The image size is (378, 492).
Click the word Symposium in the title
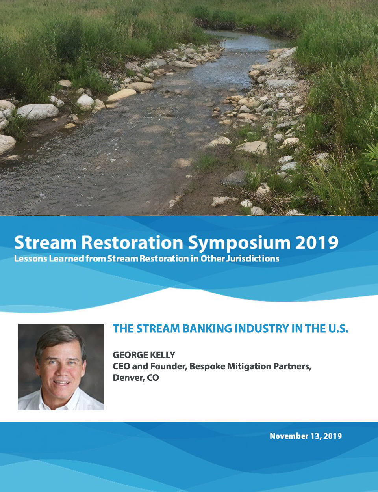[239, 243]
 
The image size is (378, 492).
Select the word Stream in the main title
[45, 242]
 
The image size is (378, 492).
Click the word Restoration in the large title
[132, 242]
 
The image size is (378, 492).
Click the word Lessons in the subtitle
[31, 259]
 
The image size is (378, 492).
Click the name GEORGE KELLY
[144, 355]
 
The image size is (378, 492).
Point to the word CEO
[121, 366]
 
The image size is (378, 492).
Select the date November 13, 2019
[306, 436]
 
